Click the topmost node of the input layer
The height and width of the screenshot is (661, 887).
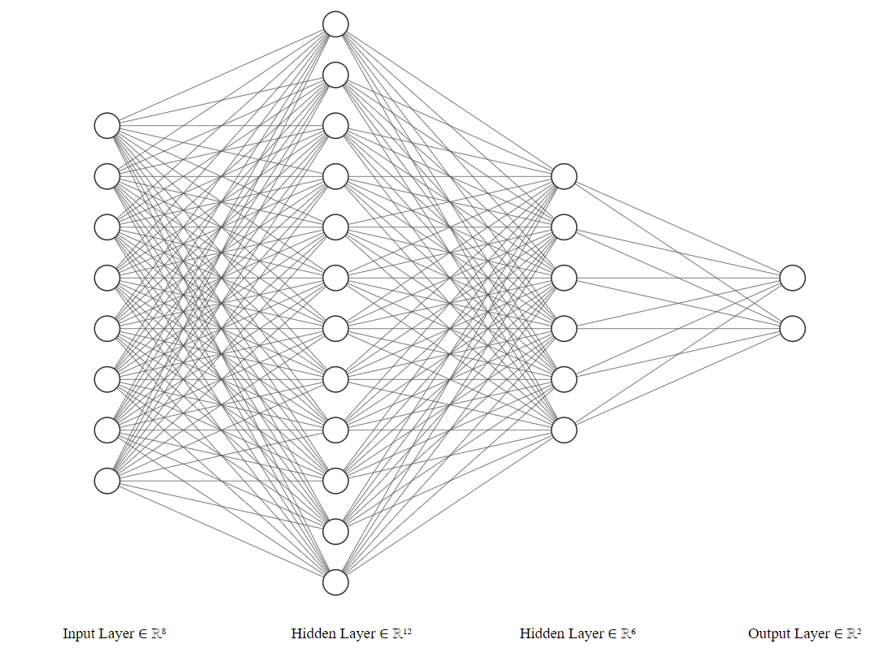pos(107,126)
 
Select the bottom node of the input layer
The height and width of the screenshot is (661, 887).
pos(107,481)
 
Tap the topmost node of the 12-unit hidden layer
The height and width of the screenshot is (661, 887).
pos(335,24)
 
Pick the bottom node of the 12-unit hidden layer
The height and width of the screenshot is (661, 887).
pos(335,582)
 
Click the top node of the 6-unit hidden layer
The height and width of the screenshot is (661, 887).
pos(564,176)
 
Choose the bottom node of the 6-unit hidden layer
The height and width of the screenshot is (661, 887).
pos(564,430)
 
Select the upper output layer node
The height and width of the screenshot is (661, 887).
pos(792,278)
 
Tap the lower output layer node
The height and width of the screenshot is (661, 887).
pos(792,329)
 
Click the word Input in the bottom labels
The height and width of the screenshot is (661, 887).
pos(78,634)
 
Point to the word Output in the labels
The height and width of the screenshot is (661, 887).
pos(768,634)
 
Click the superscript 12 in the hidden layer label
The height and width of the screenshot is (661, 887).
pos(408,629)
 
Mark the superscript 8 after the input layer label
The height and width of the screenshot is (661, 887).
pos(164,629)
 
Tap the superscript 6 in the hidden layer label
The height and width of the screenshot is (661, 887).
pos(634,629)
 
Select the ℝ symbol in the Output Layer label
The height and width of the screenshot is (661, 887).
pos(851,634)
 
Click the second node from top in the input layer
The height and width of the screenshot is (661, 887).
pos(107,176)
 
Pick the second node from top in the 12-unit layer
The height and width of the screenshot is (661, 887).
pos(335,75)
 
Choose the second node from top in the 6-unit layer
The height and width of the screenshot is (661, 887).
pos(564,227)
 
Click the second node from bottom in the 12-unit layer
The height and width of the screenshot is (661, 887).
pos(335,531)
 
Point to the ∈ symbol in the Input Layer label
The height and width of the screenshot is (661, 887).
pos(143,634)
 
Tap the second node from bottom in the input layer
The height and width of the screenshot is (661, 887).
pos(107,430)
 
